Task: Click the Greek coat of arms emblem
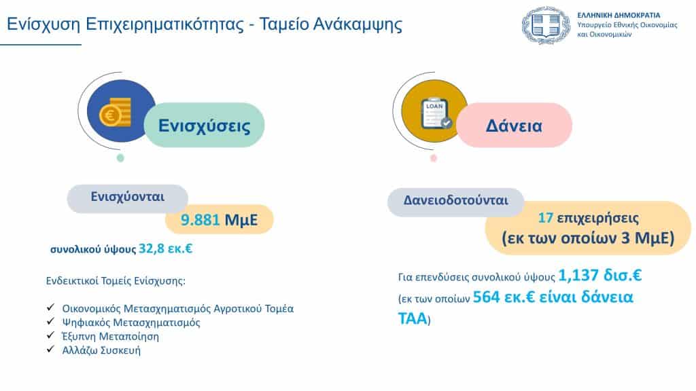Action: click(x=546, y=25)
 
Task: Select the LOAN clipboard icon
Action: click(x=436, y=113)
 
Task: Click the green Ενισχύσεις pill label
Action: click(x=204, y=125)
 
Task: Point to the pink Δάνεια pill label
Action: click(x=514, y=126)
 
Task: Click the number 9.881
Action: click(x=201, y=220)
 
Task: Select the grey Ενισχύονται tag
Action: click(x=127, y=198)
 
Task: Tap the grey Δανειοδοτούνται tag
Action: click(x=456, y=202)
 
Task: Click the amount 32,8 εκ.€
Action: click(x=166, y=248)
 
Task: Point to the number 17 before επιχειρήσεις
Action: click(x=546, y=218)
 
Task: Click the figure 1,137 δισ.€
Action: click(x=599, y=276)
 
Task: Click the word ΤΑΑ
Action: click(x=413, y=319)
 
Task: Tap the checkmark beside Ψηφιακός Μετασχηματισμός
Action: click(x=50, y=321)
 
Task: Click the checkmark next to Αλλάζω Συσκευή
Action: click(x=50, y=349)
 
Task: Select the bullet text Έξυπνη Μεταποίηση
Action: click(x=110, y=337)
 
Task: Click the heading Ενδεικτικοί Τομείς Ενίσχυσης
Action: click(x=116, y=281)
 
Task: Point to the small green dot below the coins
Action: click(x=120, y=157)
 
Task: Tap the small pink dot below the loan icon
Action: click(x=434, y=157)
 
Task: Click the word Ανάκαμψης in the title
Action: click(x=358, y=24)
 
